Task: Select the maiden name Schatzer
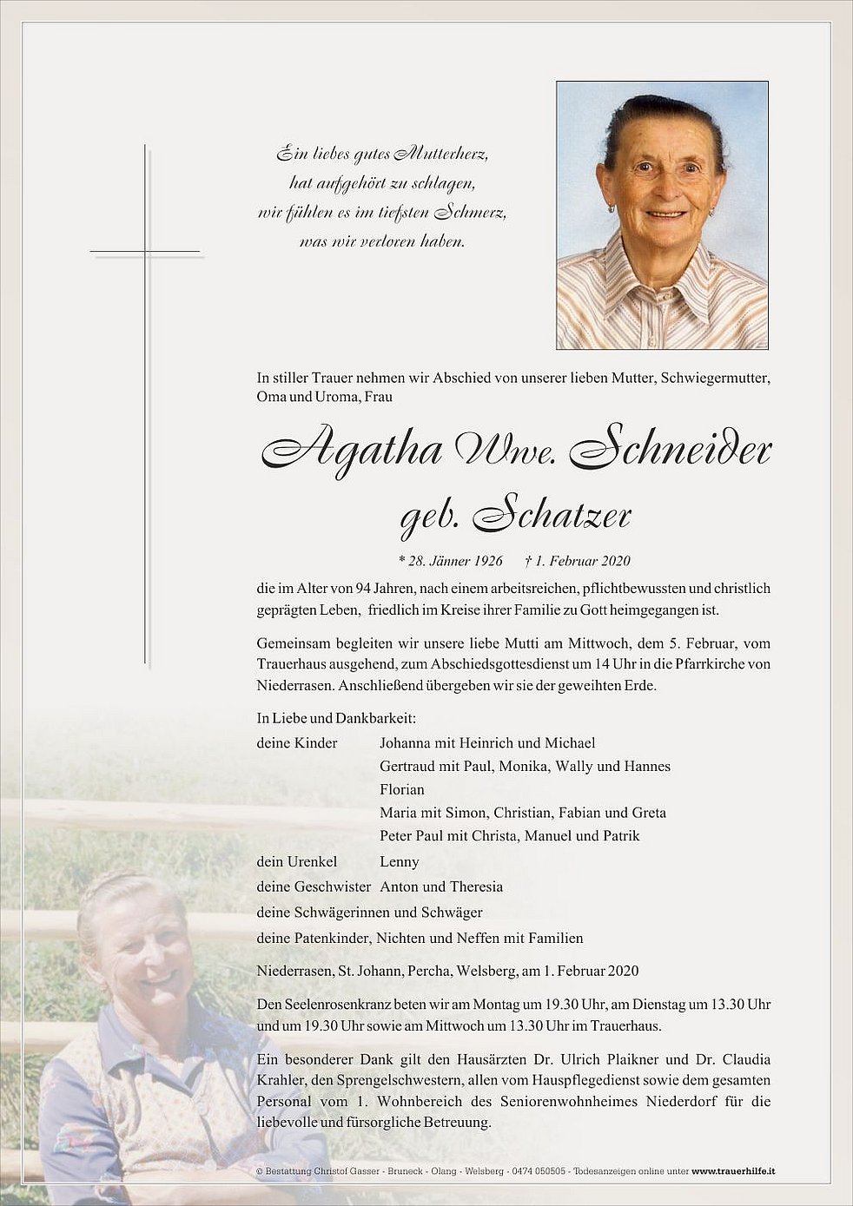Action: tap(552, 517)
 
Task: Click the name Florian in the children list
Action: tap(402, 789)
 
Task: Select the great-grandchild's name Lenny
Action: tap(400, 861)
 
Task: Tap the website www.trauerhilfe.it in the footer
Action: tap(733, 1171)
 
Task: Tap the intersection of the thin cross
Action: tap(145, 252)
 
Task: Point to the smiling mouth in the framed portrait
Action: tap(666, 214)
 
